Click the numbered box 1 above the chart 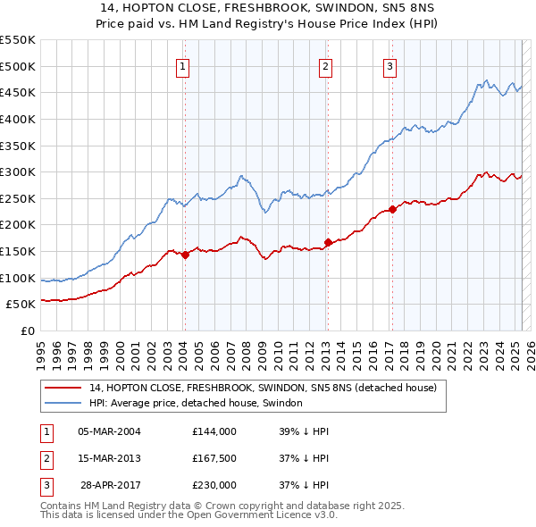183,65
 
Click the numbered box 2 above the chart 326,65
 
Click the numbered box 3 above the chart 391,65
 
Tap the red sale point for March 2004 185,255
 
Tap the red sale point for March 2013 328,242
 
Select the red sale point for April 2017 393,210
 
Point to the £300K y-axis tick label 17,171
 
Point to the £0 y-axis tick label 28,330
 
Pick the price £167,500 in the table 214,458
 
